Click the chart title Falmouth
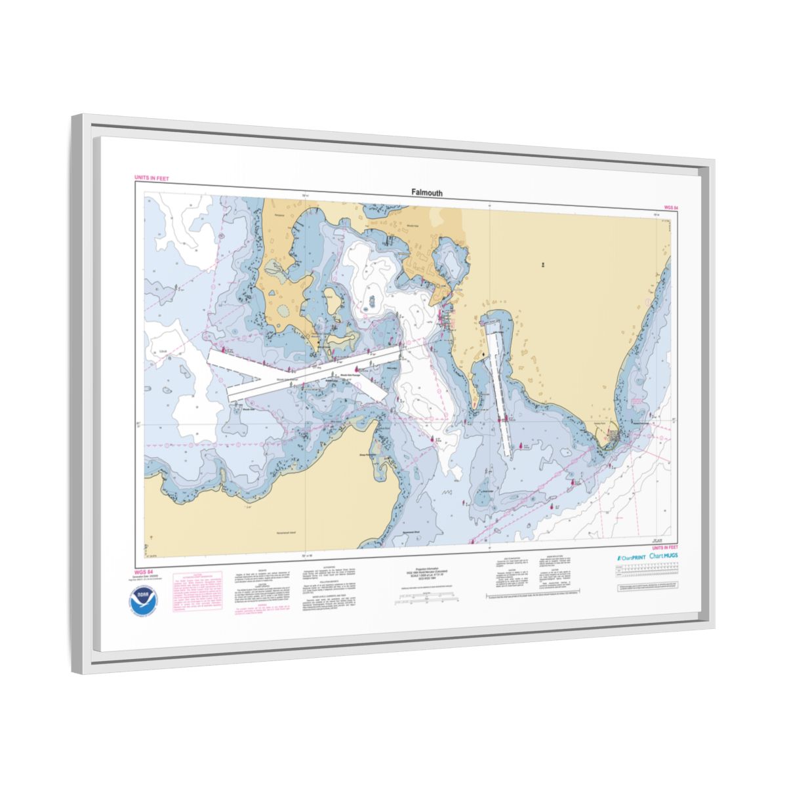(x=426, y=193)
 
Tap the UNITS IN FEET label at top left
(x=151, y=178)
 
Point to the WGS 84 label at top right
(x=670, y=207)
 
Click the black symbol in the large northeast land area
(x=543, y=265)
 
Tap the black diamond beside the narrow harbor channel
(x=485, y=354)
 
